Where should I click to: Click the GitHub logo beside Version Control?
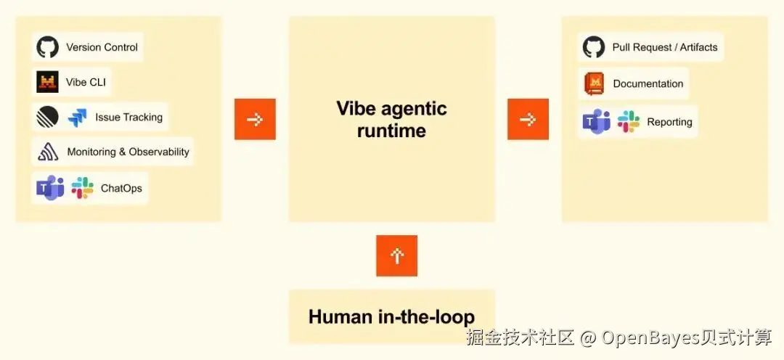point(47,47)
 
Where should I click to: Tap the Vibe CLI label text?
point(86,82)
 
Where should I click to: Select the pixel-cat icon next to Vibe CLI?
point(47,82)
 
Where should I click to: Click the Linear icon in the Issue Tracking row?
point(47,118)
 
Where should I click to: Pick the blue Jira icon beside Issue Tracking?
point(78,118)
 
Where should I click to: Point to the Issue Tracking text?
point(129,118)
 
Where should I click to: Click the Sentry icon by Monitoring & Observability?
point(48,152)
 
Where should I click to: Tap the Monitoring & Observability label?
point(128,152)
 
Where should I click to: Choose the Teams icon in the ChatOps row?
point(50,188)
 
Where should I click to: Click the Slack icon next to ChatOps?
point(83,188)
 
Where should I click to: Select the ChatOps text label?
point(121,189)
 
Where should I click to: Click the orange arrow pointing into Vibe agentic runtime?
point(255,119)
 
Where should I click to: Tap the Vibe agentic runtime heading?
point(392,120)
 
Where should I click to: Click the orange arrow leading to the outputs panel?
point(528,119)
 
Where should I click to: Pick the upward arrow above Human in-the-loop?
point(397,255)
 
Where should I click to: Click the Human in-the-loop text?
point(392,316)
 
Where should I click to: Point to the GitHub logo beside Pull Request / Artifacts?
point(594,47)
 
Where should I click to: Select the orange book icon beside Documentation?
point(594,83)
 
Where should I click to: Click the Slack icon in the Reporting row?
point(629,121)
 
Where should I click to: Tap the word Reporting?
point(669,122)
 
